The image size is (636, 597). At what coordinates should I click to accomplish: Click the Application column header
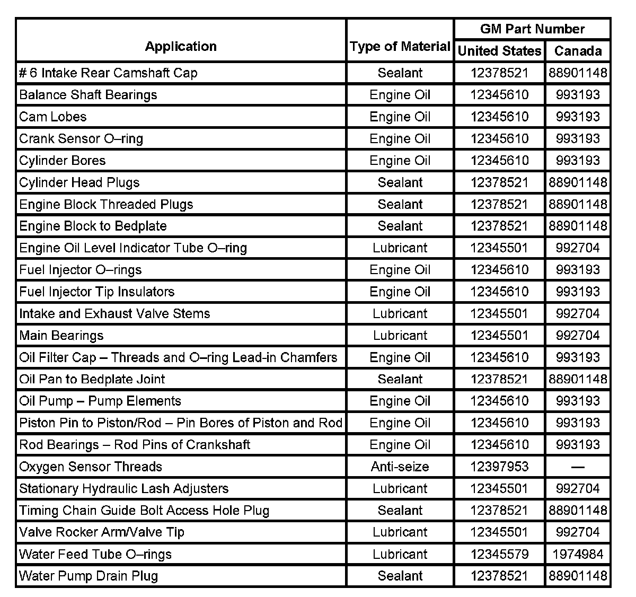[181, 47]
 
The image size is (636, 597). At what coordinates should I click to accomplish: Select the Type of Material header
[400, 47]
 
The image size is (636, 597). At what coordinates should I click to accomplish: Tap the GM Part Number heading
[532, 29]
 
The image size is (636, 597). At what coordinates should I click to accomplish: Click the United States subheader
[499, 51]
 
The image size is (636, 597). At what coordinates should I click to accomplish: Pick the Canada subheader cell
[578, 51]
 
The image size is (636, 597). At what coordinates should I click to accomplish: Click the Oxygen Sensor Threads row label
[91, 467]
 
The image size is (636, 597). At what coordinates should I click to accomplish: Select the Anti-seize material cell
[400, 467]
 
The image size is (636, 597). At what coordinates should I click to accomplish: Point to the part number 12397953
[499, 467]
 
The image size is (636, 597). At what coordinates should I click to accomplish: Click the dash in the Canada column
[578, 467]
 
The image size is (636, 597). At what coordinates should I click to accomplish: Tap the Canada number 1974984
[578, 555]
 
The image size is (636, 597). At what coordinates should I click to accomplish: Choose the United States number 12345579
[499, 555]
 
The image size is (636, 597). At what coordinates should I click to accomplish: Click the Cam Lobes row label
[53, 117]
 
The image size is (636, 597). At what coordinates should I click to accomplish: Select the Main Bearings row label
[61, 336]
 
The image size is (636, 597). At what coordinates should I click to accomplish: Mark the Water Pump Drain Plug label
[89, 576]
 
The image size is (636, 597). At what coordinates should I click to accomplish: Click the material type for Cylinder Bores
[400, 161]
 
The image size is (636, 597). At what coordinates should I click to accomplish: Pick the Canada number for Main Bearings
[578, 336]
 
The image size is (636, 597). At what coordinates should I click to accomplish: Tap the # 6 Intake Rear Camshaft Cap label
[108, 73]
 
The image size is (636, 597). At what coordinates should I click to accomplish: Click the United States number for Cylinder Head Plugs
[499, 183]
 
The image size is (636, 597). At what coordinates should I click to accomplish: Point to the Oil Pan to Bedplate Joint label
[92, 380]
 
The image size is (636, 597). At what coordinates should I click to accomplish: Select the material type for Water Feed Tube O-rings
[400, 555]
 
